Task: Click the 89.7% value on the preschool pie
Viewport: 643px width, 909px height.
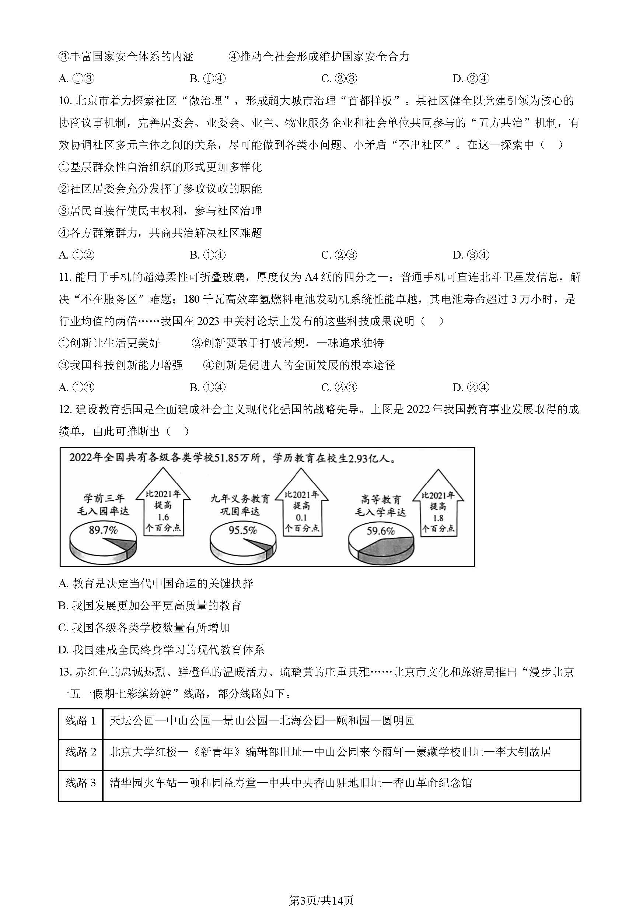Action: click(x=103, y=530)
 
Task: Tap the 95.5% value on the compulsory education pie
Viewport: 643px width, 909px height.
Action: click(x=242, y=530)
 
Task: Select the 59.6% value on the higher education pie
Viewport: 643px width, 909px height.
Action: click(x=380, y=530)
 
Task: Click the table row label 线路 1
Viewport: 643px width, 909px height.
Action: click(x=81, y=720)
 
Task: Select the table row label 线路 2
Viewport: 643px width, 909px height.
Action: click(x=81, y=752)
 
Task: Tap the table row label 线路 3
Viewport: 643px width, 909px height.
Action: click(x=81, y=783)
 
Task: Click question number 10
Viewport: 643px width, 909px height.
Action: click(x=64, y=101)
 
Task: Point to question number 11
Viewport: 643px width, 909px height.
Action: click(x=64, y=277)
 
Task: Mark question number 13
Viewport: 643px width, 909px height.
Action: click(x=64, y=672)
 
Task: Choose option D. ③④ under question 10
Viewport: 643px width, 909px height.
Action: click(x=471, y=255)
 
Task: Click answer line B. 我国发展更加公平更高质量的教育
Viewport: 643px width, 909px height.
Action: click(x=150, y=606)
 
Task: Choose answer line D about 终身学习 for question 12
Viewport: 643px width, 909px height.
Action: click(x=161, y=650)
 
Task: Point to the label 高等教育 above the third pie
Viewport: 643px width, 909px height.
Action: click(x=381, y=500)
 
